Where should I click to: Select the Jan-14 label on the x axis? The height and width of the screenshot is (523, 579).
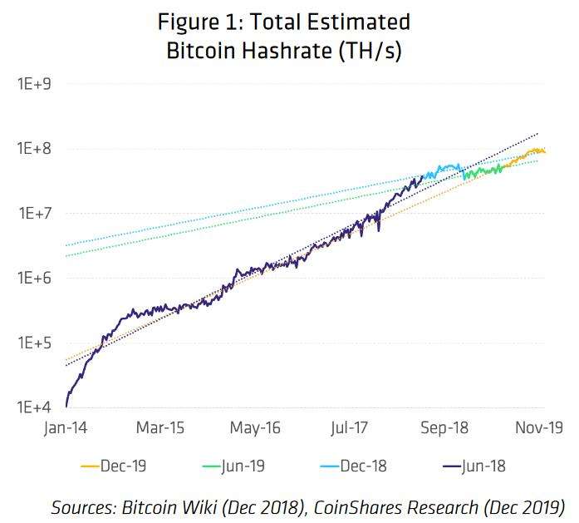point(66,428)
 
